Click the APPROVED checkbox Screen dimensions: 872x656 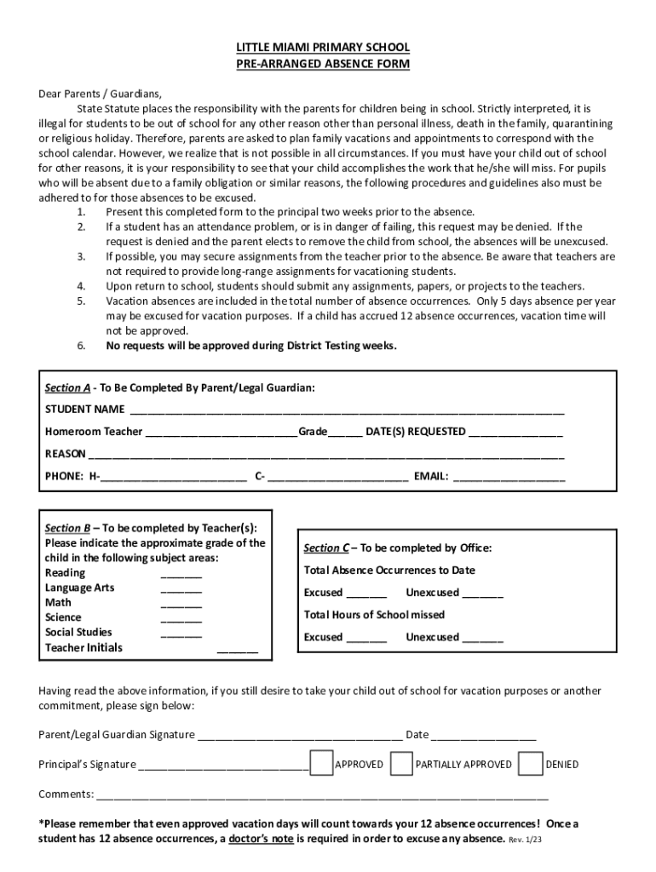pyautogui.click(x=321, y=763)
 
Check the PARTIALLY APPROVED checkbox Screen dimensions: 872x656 pyautogui.click(x=401, y=763)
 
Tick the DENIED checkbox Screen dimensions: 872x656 pyautogui.click(x=530, y=763)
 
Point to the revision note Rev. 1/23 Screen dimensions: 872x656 pyautogui.click(x=526, y=840)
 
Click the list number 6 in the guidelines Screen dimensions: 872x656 pyautogui.click(x=81, y=346)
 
